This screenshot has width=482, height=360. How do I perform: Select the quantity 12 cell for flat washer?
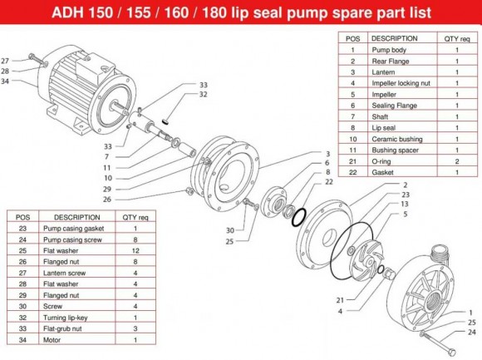pyautogui.click(x=134, y=249)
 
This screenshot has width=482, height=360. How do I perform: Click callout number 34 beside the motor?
pyautogui.click(x=6, y=81)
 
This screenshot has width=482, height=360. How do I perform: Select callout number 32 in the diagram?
pyautogui.click(x=204, y=96)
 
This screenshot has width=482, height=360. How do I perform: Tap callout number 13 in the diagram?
pyautogui.click(x=405, y=204)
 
